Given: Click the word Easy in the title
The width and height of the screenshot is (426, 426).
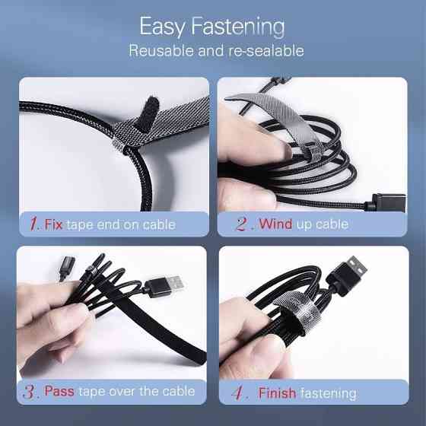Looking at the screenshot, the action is pyautogui.click(x=163, y=27).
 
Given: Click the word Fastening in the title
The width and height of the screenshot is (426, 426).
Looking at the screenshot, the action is pyautogui.click(x=238, y=27).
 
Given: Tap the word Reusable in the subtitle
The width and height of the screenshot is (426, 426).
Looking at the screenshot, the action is pyautogui.click(x=161, y=50).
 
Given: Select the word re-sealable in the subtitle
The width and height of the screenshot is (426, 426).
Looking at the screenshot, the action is pyautogui.click(x=266, y=50).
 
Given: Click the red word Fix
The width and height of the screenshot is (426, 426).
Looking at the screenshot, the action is pyautogui.click(x=53, y=224).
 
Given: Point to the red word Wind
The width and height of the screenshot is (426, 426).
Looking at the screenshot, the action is pyautogui.click(x=275, y=224).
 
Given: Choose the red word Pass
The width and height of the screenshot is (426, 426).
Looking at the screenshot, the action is pyautogui.click(x=59, y=391).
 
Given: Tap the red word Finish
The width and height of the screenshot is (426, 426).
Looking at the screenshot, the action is pyautogui.click(x=277, y=393).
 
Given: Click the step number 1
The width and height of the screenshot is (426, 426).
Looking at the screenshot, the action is pyautogui.click(x=34, y=224).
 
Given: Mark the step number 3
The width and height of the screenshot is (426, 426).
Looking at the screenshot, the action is pyautogui.click(x=30, y=392).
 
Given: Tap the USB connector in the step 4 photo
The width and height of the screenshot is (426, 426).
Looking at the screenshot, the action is pyautogui.click(x=347, y=275).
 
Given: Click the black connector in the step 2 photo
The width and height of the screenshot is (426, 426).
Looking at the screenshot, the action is pyautogui.click(x=386, y=202).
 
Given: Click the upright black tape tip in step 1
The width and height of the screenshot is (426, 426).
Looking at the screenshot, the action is pyautogui.click(x=149, y=113).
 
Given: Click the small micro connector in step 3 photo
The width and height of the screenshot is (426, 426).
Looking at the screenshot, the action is pyautogui.click(x=67, y=266).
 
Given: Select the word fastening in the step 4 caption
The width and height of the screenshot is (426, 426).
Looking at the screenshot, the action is pyautogui.click(x=329, y=393).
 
